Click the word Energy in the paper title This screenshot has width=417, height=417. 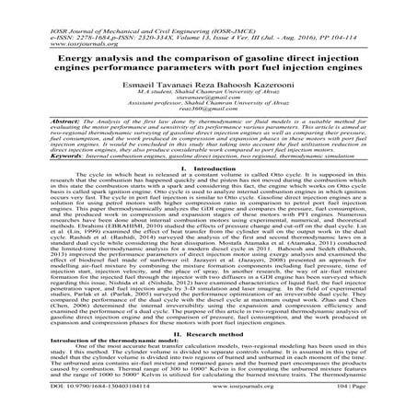(x=55, y=58)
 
